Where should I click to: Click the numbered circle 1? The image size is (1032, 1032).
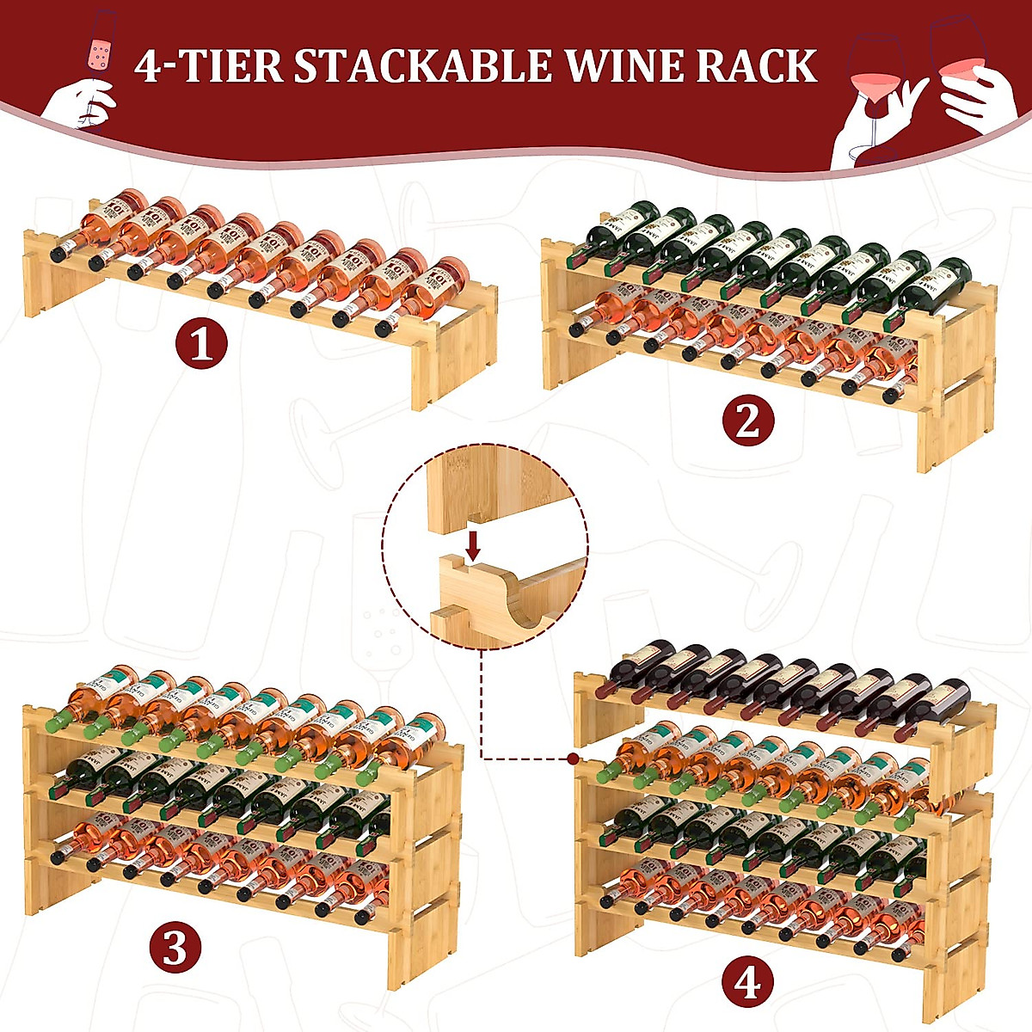[x=201, y=346]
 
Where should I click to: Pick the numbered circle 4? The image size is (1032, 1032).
[x=746, y=981]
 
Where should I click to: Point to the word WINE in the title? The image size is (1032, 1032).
[x=623, y=67]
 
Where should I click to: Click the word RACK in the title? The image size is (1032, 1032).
[x=757, y=67]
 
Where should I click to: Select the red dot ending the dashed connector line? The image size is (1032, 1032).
[x=572, y=759]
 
